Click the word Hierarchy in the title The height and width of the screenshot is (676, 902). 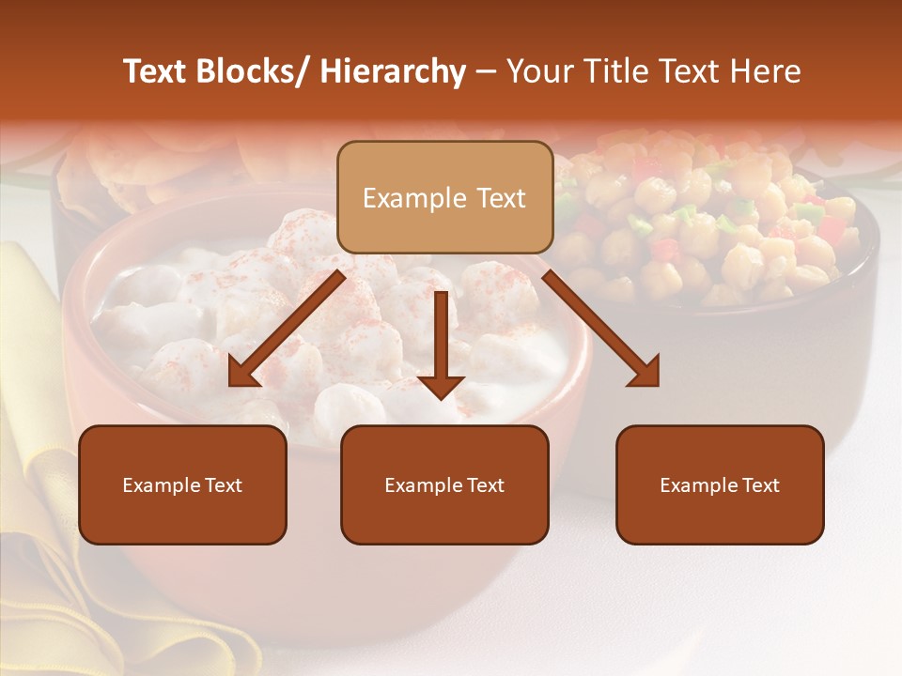[393, 72]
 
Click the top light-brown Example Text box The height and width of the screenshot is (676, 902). [444, 197]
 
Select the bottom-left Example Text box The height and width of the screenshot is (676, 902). [182, 484]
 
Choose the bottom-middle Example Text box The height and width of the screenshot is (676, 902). [444, 484]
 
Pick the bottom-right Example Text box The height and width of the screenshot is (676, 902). [720, 484]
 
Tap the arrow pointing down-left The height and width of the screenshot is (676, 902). [287, 329]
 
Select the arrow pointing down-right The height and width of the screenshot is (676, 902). [601, 329]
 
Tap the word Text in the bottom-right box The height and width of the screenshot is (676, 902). [759, 485]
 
